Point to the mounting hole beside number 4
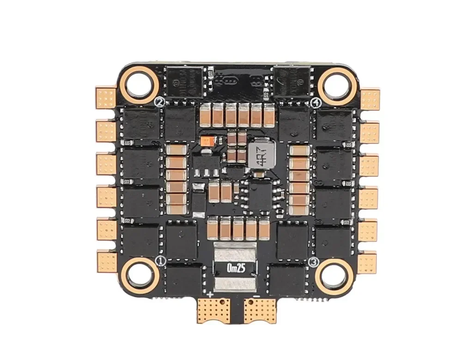338,85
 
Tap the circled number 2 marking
160,102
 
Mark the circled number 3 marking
314,262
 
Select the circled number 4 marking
316,102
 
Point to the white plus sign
210,294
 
